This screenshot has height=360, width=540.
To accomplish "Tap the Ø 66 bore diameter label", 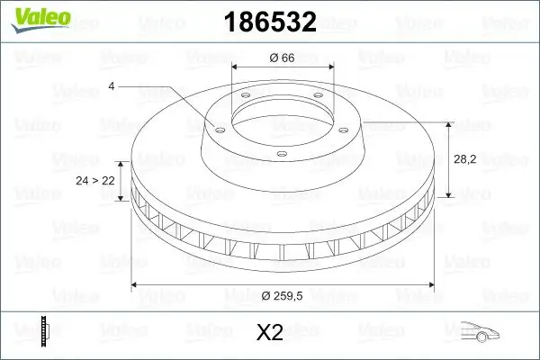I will (283, 58).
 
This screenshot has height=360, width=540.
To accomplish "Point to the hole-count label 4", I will (111, 86).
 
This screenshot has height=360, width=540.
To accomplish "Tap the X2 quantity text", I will (270, 332).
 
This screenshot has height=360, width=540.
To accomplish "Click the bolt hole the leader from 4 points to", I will (216, 127).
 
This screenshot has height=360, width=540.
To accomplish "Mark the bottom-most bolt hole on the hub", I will (282, 154).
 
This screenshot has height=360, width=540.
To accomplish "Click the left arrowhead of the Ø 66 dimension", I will (235, 67).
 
